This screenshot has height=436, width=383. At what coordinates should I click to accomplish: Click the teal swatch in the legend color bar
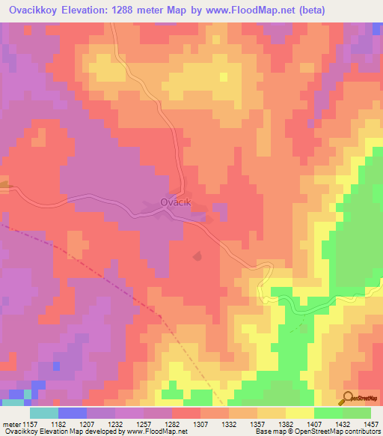44,413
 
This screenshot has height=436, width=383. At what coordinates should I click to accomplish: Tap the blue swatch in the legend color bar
73,413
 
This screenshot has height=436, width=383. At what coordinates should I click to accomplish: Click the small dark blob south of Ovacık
197,256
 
